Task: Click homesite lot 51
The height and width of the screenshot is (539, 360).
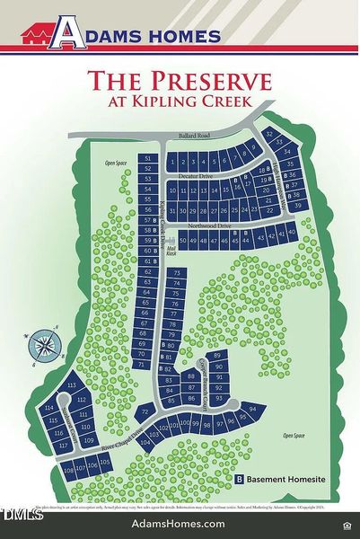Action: tap(149, 158)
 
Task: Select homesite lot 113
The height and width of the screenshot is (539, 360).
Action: tap(70, 385)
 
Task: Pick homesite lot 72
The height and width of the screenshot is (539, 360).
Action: tap(144, 411)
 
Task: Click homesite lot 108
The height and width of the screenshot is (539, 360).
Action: tap(69, 470)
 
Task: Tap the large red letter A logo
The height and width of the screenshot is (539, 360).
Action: tap(67, 35)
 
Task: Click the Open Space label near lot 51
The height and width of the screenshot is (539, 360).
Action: tap(114, 163)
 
